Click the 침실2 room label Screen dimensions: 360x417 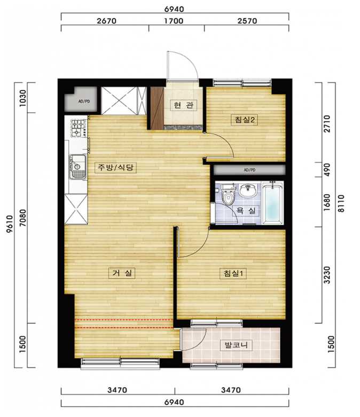tap(245, 120)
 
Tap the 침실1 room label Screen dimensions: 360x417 tap(233, 273)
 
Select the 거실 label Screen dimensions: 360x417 tap(122, 273)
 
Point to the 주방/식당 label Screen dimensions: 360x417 tap(116, 167)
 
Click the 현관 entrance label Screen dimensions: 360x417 tap(184, 105)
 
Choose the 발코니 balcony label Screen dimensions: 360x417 tap(236, 345)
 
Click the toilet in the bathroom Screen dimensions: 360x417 tap(228, 195)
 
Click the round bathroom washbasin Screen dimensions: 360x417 tap(248, 190)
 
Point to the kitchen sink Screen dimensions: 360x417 tap(77, 167)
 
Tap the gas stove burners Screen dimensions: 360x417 tap(78, 128)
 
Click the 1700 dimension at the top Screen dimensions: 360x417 tap(174, 21)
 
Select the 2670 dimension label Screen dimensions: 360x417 tap(106, 21)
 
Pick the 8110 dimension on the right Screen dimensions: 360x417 tap(341, 203)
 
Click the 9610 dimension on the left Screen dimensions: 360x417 tap(10, 224)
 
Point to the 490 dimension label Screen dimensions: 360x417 tap(327, 170)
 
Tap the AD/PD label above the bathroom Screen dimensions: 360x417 tap(249, 170)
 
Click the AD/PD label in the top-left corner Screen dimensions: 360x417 tap(84, 101)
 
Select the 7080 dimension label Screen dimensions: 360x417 tap(23, 218)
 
